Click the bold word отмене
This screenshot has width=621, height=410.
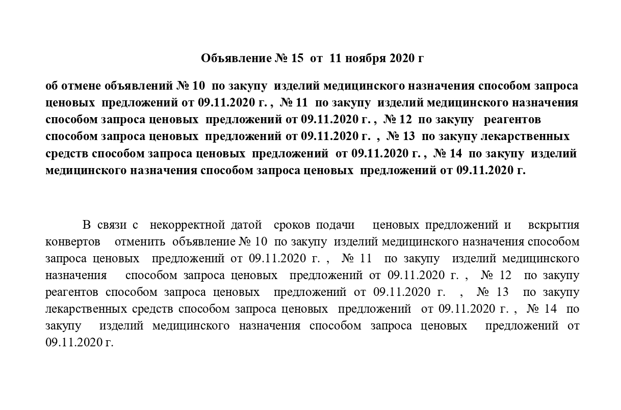[82, 86]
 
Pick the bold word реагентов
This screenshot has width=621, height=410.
[511, 120]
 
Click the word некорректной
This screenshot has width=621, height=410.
[188, 225]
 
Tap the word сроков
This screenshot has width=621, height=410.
[293, 225]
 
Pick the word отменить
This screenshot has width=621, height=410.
[140, 241]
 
